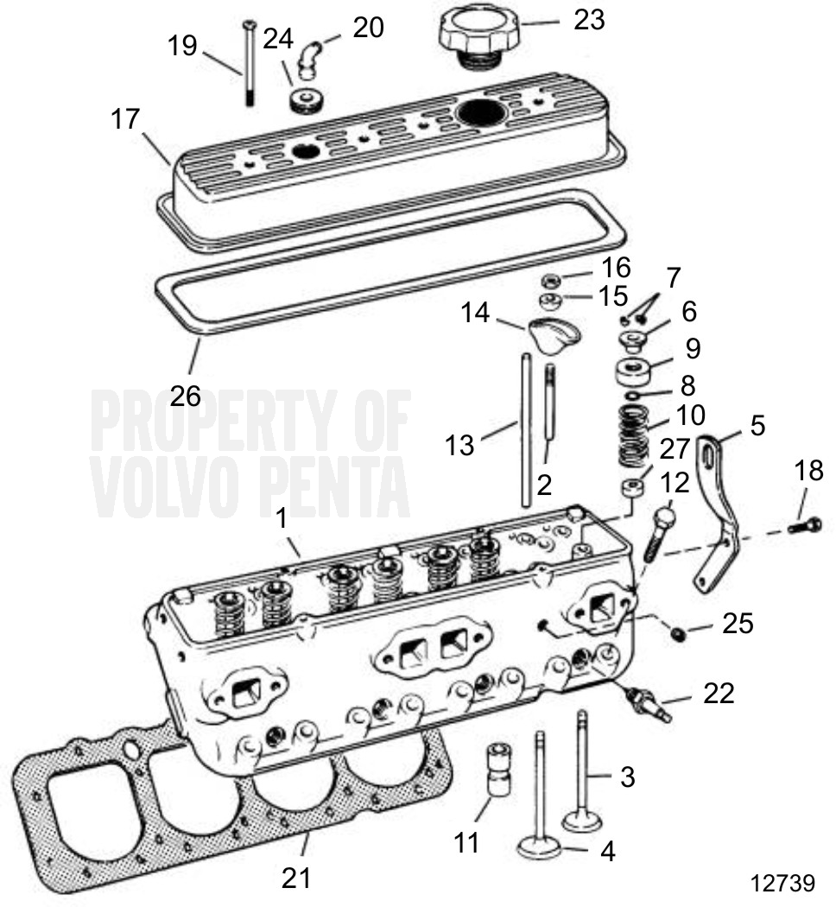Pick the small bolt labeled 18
coord(804,524)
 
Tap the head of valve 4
coord(539,846)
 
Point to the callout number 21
coord(295,878)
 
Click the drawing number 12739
coord(782,883)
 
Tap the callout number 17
coord(125,118)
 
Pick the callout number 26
coord(186,396)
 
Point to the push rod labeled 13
coord(523,432)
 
